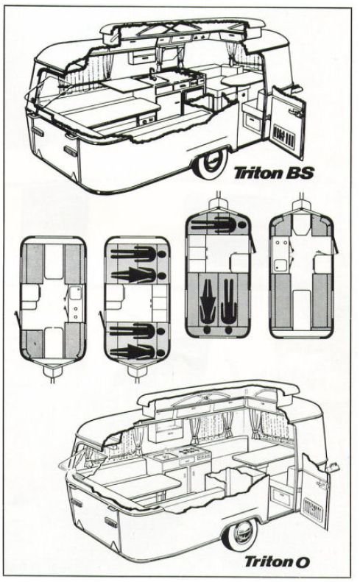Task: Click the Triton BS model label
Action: (273, 174)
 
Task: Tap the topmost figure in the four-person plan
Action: (137, 255)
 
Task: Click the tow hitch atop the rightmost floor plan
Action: (300, 202)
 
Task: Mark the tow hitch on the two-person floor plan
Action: (217, 202)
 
